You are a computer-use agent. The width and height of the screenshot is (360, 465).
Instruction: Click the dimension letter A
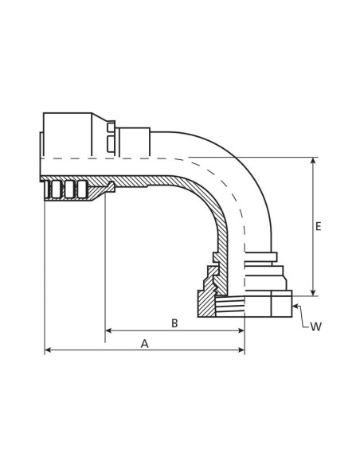tap(144, 343)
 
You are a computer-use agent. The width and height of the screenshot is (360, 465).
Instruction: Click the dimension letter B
tap(174, 322)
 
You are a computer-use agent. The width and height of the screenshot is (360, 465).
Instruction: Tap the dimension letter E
tap(319, 227)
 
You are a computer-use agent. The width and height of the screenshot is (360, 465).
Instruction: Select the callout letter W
tap(315, 326)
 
